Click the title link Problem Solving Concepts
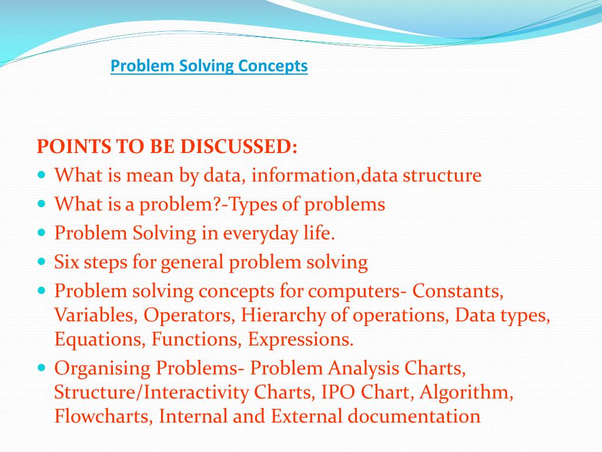tap(209, 66)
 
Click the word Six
tap(66, 262)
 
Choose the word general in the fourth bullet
tap(192, 262)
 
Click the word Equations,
tap(101, 340)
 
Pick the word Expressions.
tap(300, 340)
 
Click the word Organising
tap(103, 368)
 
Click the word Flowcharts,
tap(104, 417)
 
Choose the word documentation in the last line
tap(414, 417)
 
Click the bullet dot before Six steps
tap(41, 260)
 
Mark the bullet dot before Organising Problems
tap(41, 367)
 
